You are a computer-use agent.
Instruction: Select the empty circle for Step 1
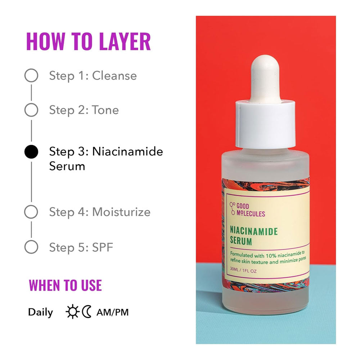point(31,76)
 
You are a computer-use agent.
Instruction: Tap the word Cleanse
point(114,76)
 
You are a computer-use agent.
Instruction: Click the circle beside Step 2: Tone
point(31,110)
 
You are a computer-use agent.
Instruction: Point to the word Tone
point(105,110)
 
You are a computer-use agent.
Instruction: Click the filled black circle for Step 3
point(31,152)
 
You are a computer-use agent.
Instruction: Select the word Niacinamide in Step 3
point(127,152)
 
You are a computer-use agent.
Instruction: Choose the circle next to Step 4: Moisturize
point(31,212)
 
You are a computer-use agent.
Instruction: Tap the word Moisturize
point(121,212)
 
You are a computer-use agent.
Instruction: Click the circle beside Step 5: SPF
point(31,247)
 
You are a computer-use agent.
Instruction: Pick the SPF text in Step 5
point(103,247)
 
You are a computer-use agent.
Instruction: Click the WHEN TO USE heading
point(65,285)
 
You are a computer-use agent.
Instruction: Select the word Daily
point(40,312)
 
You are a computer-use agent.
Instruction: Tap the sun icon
point(72,312)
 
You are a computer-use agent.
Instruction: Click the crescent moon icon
point(87,312)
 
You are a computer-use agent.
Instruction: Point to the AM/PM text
point(112,312)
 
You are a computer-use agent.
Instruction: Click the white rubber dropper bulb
point(265,76)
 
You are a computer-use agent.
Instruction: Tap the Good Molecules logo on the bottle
point(247,210)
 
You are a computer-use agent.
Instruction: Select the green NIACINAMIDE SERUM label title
point(254,236)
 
